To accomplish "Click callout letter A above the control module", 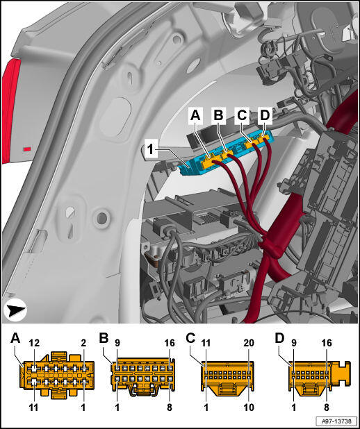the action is pyautogui.click(x=195, y=115).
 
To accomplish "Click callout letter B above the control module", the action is pyautogui.click(x=218, y=115).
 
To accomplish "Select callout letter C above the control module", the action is pyautogui.click(x=242, y=115).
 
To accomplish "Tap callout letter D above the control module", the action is pyautogui.click(x=265, y=115).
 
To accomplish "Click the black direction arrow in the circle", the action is pyautogui.click(x=15, y=311).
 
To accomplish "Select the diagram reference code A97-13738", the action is pyautogui.click(x=336, y=421).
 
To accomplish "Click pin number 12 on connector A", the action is pyautogui.click(x=34, y=343).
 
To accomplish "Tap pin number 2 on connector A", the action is pyautogui.click(x=83, y=343).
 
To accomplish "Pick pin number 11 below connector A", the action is pyautogui.click(x=33, y=407).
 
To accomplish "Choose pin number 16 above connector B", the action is pyautogui.click(x=170, y=343).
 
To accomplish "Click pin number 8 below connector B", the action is pyautogui.click(x=170, y=407).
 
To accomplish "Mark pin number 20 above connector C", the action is pyautogui.click(x=249, y=343).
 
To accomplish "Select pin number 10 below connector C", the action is pyautogui.click(x=249, y=407).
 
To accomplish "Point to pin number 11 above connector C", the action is pyautogui.click(x=206, y=343).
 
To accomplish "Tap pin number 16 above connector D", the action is pyautogui.click(x=327, y=343).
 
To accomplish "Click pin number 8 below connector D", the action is pyautogui.click(x=327, y=407).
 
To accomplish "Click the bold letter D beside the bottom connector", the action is pyautogui.click(x=279, y=339).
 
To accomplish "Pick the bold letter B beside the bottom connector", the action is pyautogui.click(x=104, y=339).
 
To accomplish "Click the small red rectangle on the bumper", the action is pyautogui.click(x=27, y=149).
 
